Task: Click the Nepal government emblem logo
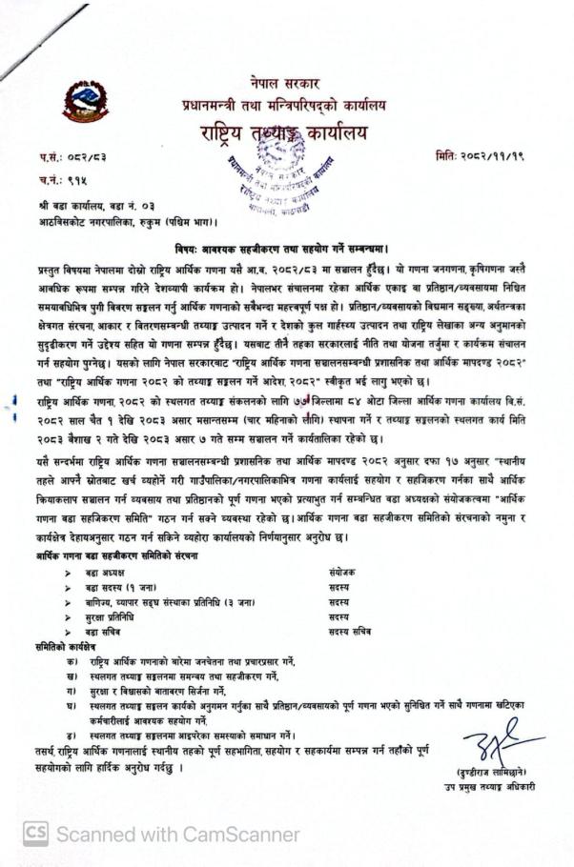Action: coord(85,102)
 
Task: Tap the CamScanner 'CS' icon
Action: coord(35,835)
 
